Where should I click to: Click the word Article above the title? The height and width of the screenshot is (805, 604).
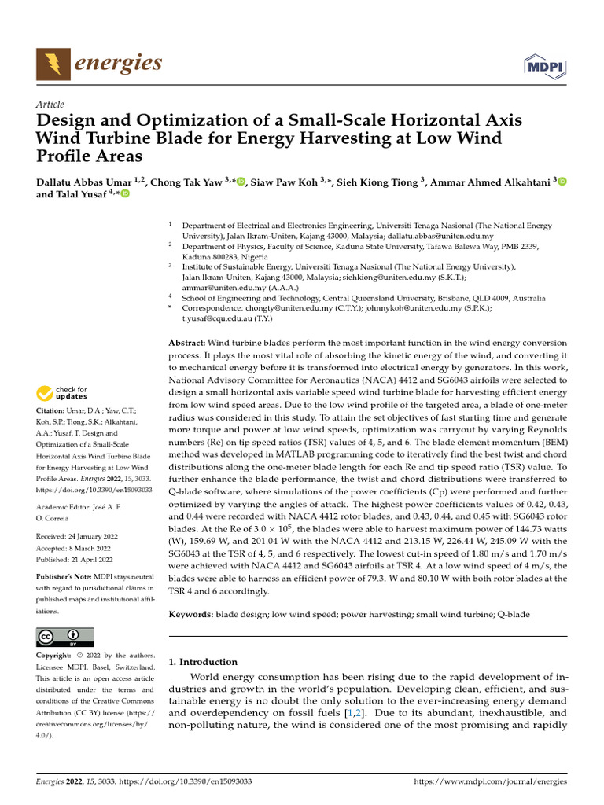(x=50, y=105)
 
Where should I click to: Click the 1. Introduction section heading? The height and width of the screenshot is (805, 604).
(x=204, y=662)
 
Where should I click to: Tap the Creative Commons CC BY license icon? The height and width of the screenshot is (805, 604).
(x=65, y=636)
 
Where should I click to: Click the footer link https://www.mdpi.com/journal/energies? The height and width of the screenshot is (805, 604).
(x=489, y=783)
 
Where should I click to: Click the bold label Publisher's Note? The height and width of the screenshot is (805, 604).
(x=66, y=577)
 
